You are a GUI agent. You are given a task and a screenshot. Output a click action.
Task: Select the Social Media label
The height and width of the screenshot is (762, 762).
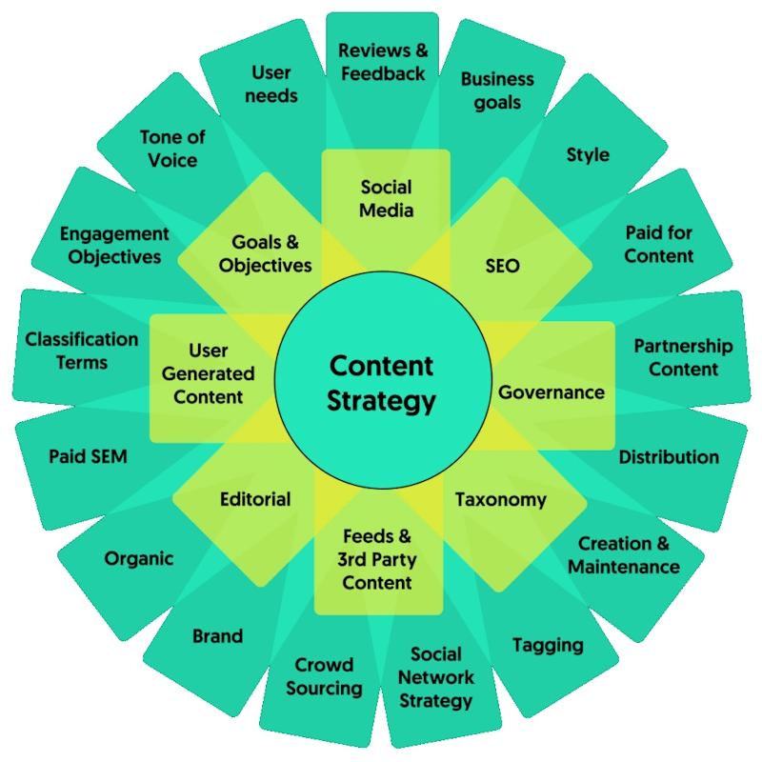click(386, 198)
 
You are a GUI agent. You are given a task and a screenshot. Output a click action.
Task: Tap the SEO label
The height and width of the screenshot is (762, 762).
click(503, 266)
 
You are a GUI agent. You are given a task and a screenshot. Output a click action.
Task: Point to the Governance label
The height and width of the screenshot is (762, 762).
click(551, 391)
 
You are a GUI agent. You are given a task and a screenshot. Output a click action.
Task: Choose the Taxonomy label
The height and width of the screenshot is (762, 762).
click(500, 499)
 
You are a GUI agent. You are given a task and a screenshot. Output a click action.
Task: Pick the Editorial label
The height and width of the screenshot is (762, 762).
click(255, 499)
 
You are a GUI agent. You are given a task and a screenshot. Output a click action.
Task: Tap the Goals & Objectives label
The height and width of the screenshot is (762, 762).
click(265, 253)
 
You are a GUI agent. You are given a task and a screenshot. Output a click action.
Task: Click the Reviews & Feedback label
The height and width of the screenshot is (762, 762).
click(383, 61)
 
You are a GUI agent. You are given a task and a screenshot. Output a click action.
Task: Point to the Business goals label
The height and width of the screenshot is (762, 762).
click(497, 90)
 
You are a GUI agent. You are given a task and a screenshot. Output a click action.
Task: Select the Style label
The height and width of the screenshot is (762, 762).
click(588, 154)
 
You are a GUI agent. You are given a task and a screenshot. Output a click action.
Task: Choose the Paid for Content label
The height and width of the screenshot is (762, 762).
click(659, 244)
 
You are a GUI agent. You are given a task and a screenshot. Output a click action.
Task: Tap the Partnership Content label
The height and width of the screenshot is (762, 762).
click(683, 357)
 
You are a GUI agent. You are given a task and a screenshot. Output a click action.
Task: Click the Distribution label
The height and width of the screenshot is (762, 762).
click(669, 457)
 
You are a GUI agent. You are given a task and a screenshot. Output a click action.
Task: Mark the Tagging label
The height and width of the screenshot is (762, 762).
click(548, 645)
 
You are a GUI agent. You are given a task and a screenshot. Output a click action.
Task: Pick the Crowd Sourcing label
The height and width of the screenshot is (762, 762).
click(324, 676)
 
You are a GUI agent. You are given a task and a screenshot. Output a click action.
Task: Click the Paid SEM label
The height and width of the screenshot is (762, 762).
click(88, 456)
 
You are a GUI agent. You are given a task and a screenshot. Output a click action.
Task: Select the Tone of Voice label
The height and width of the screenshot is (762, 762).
click(172, 148)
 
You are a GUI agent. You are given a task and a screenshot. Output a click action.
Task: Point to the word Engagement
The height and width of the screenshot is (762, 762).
click(114, 233)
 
